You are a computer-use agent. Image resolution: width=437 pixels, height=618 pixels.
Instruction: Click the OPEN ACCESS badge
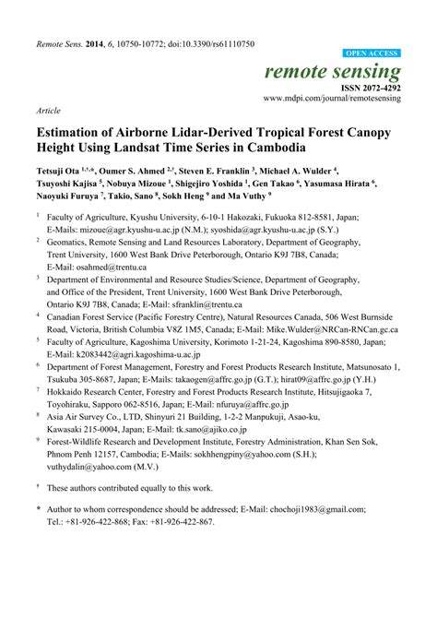pos(370,54)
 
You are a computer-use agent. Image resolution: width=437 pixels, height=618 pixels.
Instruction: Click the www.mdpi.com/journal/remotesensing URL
pos(331,97)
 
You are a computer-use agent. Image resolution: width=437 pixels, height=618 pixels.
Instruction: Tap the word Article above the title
pos(47,110)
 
